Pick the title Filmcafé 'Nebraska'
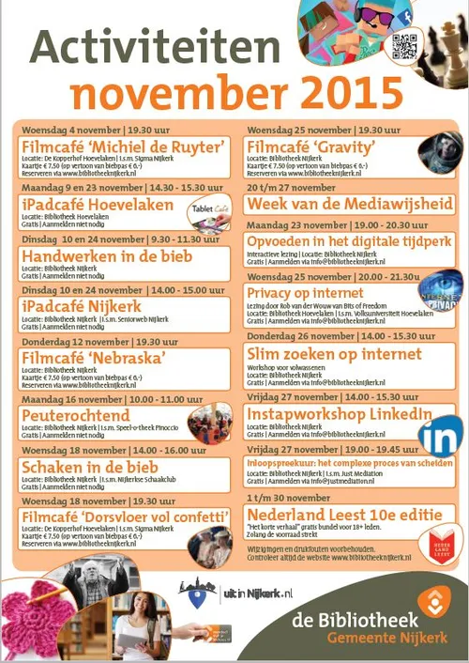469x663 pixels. coord(94,357)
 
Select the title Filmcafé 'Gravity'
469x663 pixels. coord(310,147)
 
